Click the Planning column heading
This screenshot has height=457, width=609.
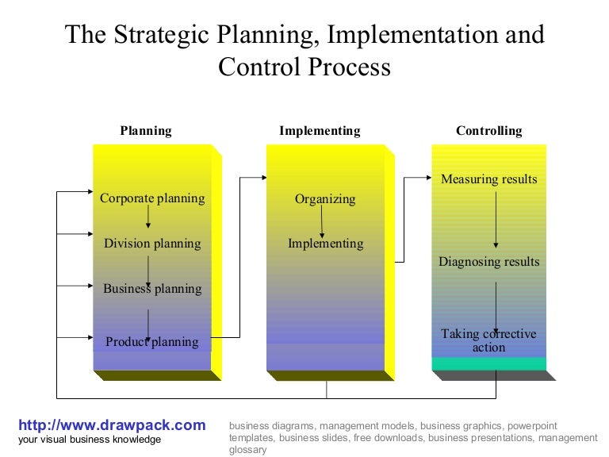[x=146, y=131]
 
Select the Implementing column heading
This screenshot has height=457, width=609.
[x=320, y=131]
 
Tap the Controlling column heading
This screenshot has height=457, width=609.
[x=488, y=131]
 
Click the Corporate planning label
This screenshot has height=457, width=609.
[x=152, y=198]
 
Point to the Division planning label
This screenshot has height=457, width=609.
[x=152, y=244]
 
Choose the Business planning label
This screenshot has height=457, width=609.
[x=152, y=289]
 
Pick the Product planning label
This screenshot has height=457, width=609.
[x=152, y=342]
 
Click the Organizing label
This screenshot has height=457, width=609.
[x=325, y=199]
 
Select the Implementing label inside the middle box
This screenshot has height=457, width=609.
[x=325, y=244]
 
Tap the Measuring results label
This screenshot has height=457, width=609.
[x=488, y=179]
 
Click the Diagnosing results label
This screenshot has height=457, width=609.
[x=488, y=262]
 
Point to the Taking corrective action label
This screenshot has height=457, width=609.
[x=488, y=340]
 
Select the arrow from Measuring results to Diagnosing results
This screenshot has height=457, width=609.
[x=496, y=220]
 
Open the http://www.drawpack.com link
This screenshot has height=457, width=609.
[x=112, y=425]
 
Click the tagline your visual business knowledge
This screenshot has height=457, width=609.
[x=90, y=440]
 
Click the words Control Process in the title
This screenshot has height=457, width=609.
[x=304, y=67]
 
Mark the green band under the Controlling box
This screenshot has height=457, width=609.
[x=488, y=364]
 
